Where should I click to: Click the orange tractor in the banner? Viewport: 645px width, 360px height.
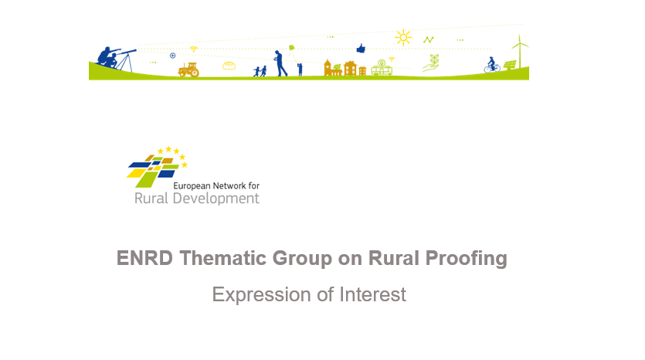coord(188,70)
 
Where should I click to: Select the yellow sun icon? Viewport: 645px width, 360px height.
coord(403,37)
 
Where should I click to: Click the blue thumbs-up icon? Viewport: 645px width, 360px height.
coord(361,49)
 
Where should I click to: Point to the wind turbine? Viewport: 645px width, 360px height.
coord(520,52)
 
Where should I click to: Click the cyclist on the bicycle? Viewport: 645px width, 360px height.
coord(491,65)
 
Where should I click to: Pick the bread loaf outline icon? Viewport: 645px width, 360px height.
coord(229,66)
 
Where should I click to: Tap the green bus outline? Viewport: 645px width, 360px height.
coord(382,68)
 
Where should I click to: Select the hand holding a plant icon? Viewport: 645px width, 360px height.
coord(431,63)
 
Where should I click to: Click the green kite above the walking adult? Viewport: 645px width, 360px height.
coord(292,48)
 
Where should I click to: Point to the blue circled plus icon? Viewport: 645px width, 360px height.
coord(173,56)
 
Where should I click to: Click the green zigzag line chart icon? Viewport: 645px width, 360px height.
coord(428,40)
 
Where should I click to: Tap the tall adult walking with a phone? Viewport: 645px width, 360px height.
coord(280,63)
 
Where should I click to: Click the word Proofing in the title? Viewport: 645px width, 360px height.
coord(466,259)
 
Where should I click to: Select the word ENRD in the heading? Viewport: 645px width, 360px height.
coord(144,258)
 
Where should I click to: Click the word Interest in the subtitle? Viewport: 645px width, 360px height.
coord(372,294)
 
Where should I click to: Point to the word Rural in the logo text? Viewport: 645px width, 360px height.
coord(151,199)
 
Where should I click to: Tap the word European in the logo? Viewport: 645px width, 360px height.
coord(192,186)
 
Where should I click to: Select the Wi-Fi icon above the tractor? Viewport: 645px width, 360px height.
coord(194,49)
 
